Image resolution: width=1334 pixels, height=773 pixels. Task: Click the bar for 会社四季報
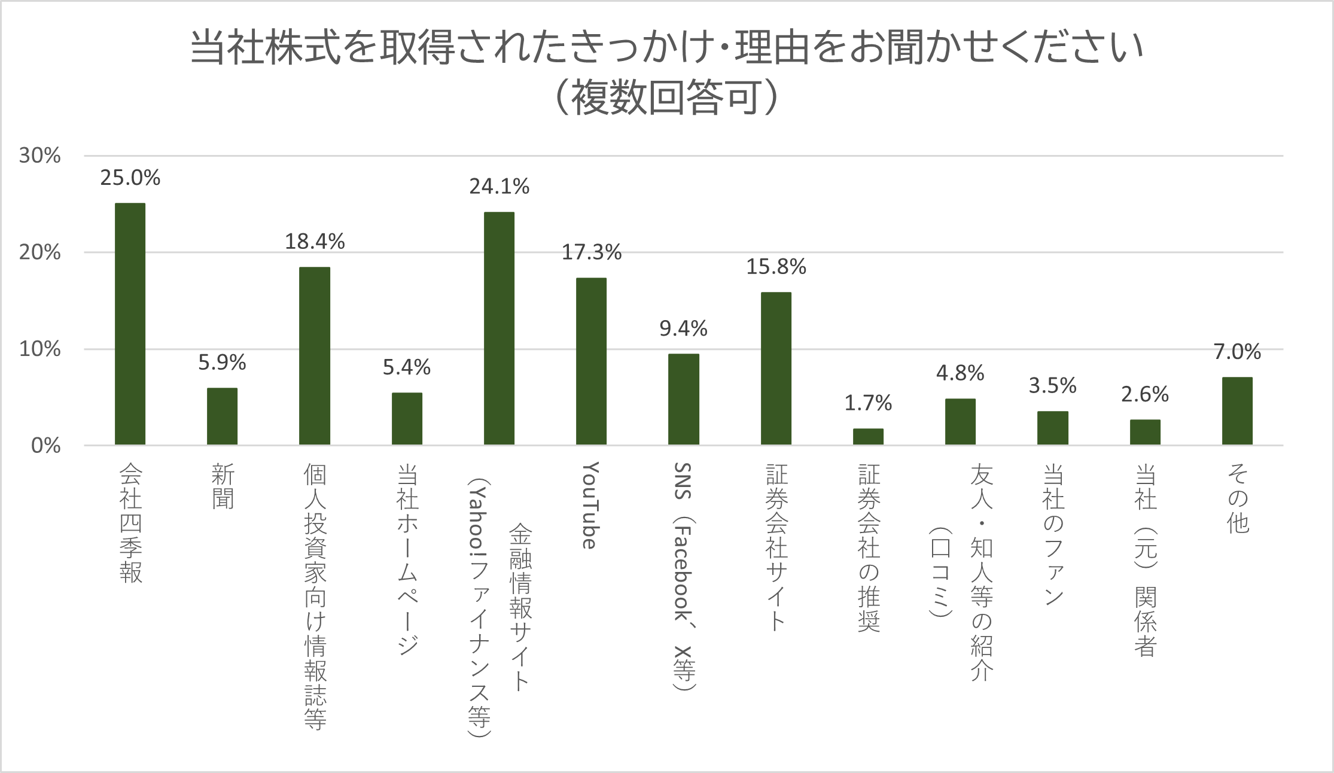[x=130, y=324]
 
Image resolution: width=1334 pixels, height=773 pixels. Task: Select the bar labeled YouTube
[x=591, y=361]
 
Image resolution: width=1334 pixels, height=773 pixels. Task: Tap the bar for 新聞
[x=222, y=416]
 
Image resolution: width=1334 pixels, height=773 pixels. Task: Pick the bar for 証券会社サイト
[x=776, y=369]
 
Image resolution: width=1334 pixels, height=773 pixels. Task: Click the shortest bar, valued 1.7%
[x=868, y=437]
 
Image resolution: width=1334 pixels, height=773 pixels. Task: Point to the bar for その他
[x=1237, y=411]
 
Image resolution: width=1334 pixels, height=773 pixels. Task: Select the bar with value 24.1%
[x=499, y=328]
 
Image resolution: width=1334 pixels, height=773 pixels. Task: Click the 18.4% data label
[x=315, y=242]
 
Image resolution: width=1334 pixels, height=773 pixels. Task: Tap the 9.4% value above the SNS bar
[x=683, y=328]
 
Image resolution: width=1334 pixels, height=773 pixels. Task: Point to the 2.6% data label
[x=1144, y=394]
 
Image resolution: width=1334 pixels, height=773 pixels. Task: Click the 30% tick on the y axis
[x=40, y=156]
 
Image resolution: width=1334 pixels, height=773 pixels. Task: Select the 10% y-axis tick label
[x=40, y=349]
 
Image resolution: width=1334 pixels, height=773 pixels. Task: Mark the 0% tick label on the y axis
[x=45, y=446]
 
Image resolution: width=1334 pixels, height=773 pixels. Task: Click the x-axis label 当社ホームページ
[x=407, y=559]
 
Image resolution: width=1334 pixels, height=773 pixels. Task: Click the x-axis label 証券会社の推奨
[x=869, y=547]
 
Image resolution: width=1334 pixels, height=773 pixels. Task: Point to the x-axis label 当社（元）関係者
[x=1145, y=560]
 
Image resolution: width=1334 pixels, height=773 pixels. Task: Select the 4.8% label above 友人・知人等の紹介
[x=960, y=373]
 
